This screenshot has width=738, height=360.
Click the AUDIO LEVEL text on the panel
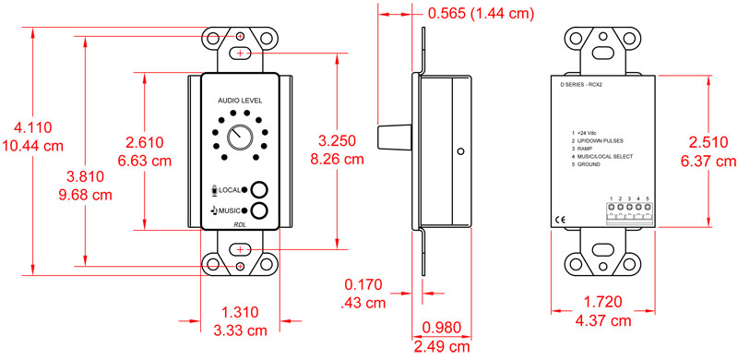tap(240, 100)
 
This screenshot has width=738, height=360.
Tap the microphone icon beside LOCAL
tap(215, 189)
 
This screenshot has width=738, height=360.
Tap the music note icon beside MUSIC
tap(212, 210)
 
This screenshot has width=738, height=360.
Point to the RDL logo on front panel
tap(240, 224)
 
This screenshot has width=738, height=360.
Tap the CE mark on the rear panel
tap(561, 219)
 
